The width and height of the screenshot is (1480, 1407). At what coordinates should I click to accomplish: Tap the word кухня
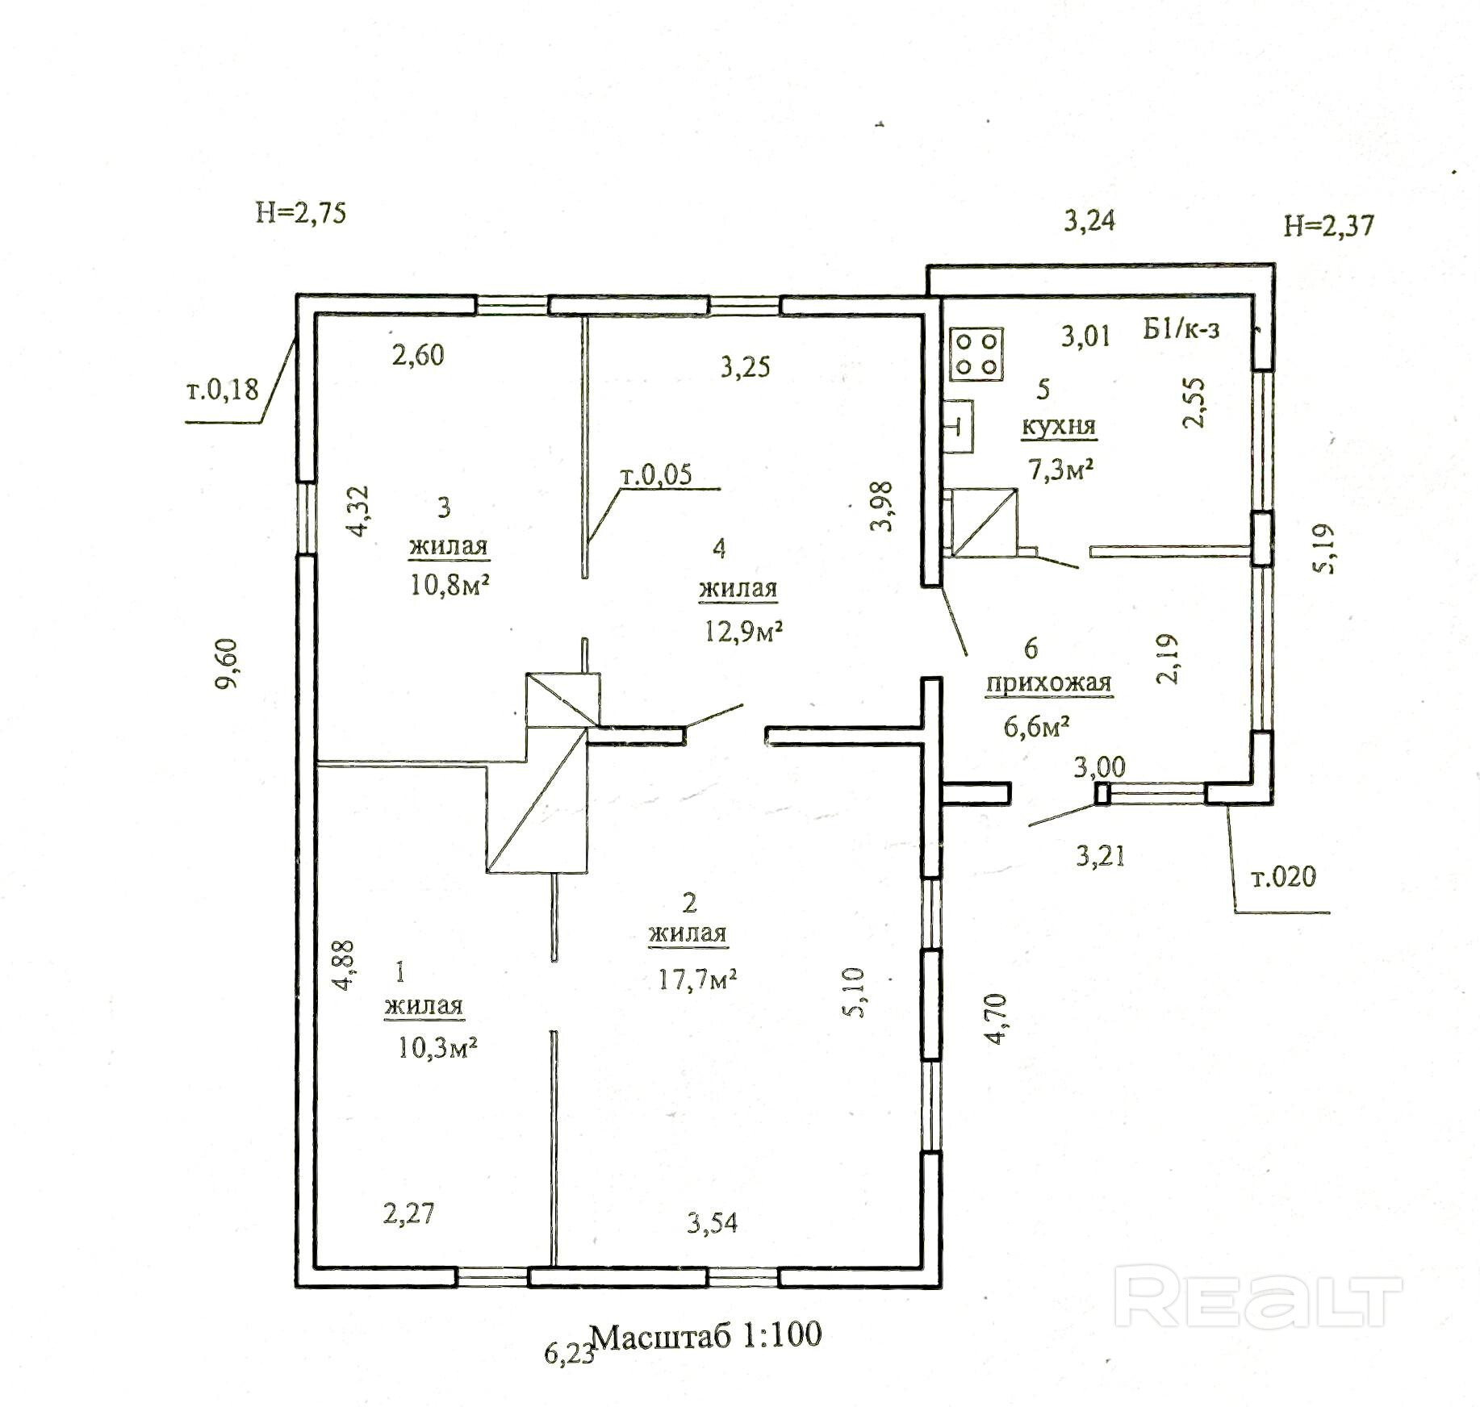[1059, 426]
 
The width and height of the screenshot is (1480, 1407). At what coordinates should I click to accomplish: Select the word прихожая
[1048, 683]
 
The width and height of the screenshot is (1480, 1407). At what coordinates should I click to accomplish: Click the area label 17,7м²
[698, 979]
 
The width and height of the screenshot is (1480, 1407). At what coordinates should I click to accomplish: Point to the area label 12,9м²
[744, 631]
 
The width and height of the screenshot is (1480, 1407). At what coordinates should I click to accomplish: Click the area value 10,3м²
[438, 1048]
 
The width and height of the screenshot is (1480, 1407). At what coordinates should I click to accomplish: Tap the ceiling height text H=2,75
[301, 213]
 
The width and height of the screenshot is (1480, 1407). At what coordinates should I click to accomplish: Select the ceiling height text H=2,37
[1328, 226]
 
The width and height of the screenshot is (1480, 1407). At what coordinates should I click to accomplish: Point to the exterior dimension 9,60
[227, 663]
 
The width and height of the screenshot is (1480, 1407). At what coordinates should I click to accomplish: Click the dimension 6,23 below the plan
[570, 1353]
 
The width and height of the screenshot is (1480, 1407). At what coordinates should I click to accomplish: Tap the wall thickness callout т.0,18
[223, 390]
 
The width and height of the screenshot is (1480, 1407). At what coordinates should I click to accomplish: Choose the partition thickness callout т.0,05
[656, 474]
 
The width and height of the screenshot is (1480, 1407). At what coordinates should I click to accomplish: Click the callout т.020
[1283, 876]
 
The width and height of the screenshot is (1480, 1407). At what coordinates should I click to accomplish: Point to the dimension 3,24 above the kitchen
[1089, 220]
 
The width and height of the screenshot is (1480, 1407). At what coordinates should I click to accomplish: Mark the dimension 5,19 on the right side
[1324, 549]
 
